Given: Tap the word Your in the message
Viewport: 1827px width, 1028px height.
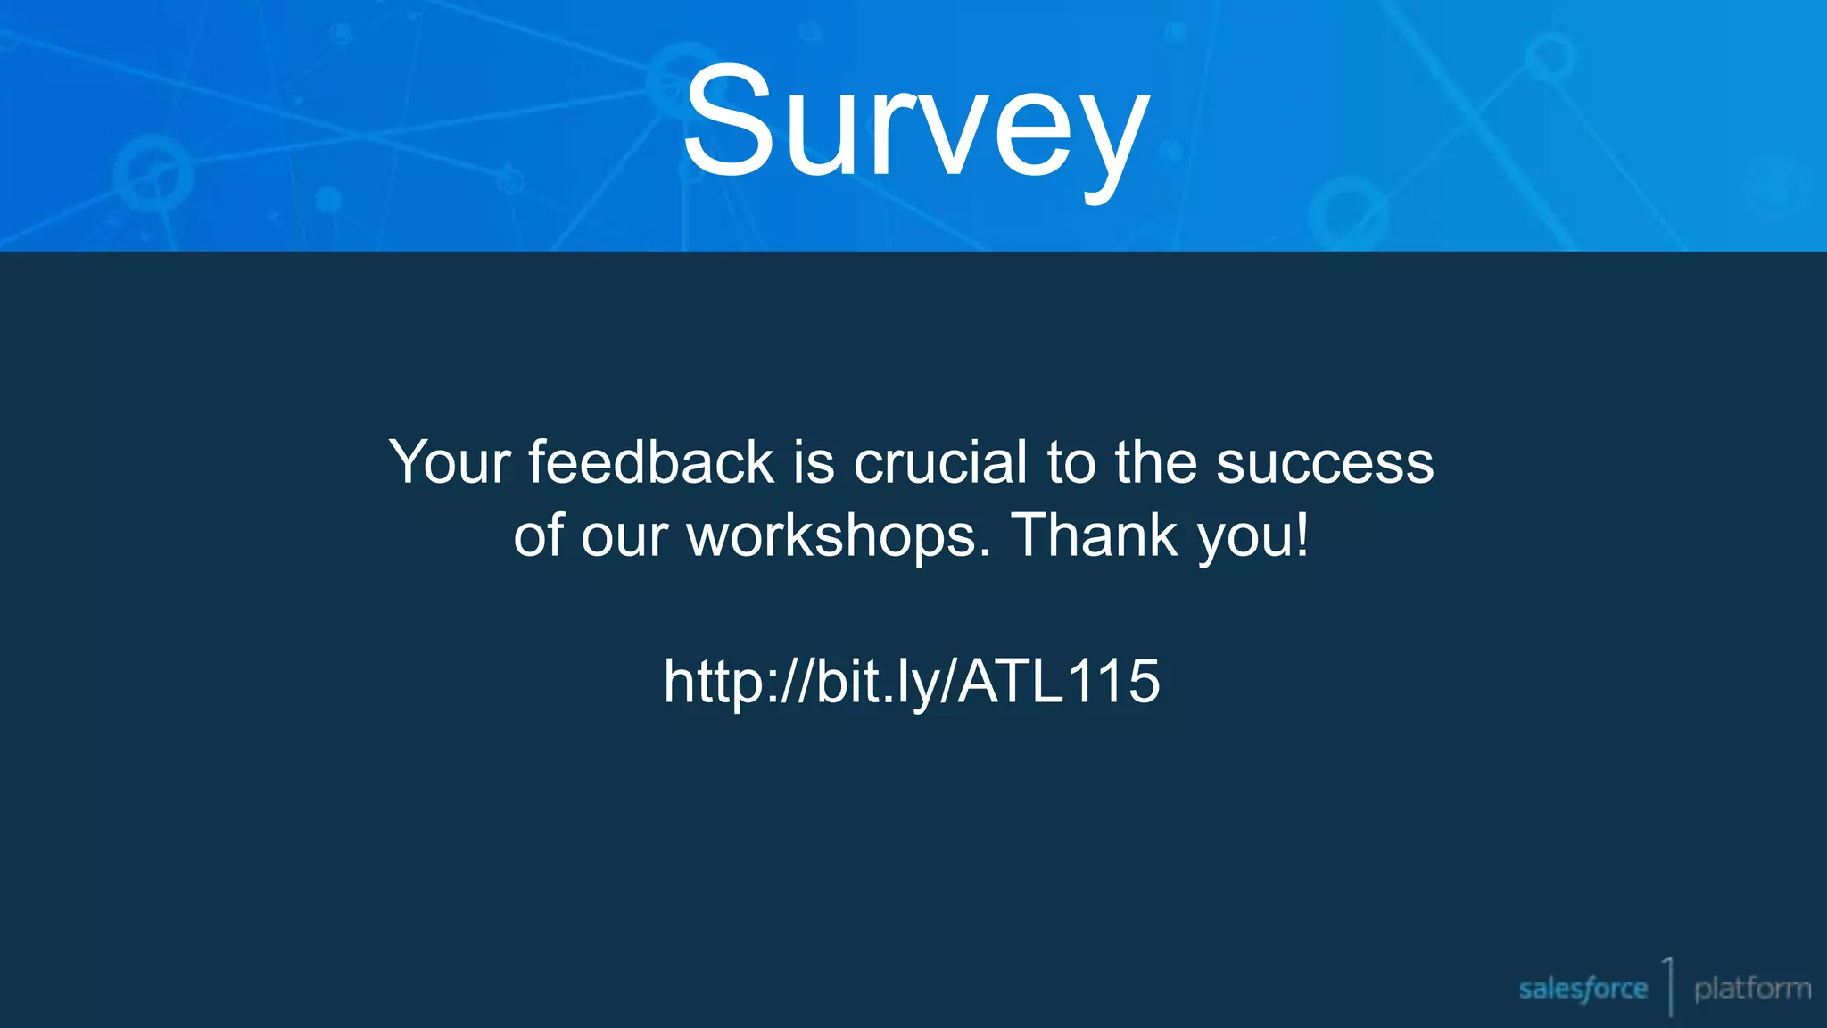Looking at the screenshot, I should click(450, 463).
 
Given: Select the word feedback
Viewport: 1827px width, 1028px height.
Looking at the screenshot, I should click(651, 462).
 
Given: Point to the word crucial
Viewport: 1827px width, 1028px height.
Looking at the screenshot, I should click(940, 462).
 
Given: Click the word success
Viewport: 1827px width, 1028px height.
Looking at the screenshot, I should click(1325, 463).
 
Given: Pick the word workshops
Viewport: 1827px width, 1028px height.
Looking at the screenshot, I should click(839, 535).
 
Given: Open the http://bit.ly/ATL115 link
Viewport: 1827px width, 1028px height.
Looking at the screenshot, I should click(912, 683).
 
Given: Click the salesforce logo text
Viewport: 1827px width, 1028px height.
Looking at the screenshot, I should click(1583, 989).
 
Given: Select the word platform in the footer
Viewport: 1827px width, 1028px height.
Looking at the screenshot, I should click(1752, 989).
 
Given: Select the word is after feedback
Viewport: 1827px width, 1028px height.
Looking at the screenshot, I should click(814, 462).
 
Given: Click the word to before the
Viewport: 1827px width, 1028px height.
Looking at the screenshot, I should click(1071, 463).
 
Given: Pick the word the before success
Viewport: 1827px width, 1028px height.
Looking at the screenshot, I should click(1155, 462).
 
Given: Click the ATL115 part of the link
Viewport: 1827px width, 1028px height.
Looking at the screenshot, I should click(1060, 681).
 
